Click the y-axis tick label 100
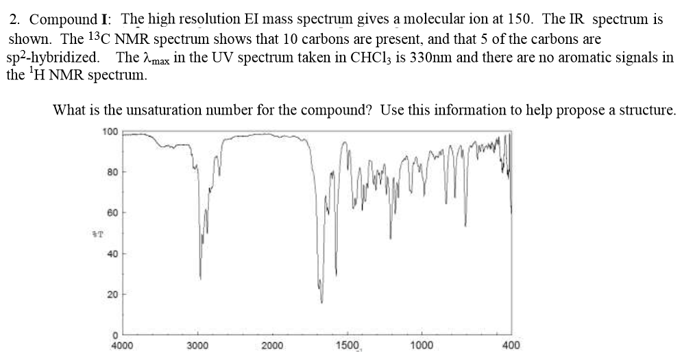pyautogui.click(x=110, y=130)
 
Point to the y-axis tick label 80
pyautogui.click(x=112, y=171)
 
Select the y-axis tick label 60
pyautogui.click(x=112, y=213)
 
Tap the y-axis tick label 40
pyautogui.click(x=112, y=254)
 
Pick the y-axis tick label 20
pyautogui.click(x=112, y=295)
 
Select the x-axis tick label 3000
pyautogui.click(x=197, y=346)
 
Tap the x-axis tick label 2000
pyautogui.click(x=272, y=346)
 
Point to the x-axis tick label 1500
pyautogui.click(x=348, y=346)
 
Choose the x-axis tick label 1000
pyautogui.click(x=422, y=346)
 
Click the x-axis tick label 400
pyautogui.click(x=511, y=346)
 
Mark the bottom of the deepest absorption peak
pyautogui.click(x=321, y=302)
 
